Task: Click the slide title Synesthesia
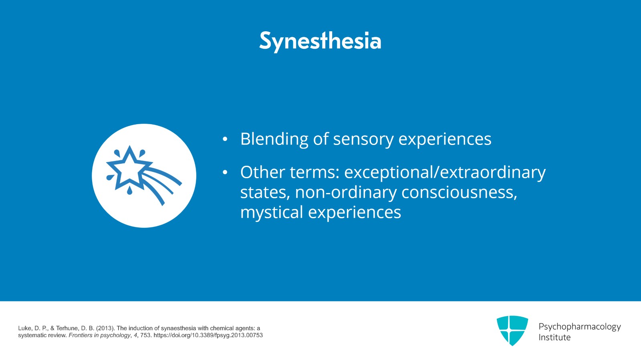(x=320, y=40)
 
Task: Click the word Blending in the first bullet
(x=274, y=139)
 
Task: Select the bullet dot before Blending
(x=225, y=139)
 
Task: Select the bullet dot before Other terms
(x=225, y=173)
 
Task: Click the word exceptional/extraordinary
(x=445, y=172)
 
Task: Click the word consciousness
(x=459, y=192)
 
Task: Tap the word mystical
(x=272, y=212)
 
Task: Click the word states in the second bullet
(x=264, y=192)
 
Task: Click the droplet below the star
(x=129, y=191)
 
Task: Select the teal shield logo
(x=512, y=330)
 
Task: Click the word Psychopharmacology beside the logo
(x=579, y=326)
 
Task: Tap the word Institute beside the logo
(x=554, y=337)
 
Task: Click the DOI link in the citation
(x=208, y=335)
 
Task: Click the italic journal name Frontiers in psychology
(x=99, y=335)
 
